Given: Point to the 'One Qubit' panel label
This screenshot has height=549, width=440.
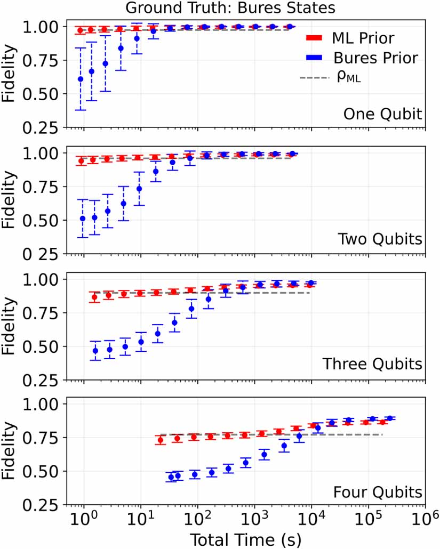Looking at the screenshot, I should pyautogui.click(x=382, y=114).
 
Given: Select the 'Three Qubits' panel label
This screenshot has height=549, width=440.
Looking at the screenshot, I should pyautogui.click(x=373, y=365).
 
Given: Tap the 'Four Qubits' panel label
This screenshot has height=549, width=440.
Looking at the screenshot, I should pyautogui.click(x=378, y=490).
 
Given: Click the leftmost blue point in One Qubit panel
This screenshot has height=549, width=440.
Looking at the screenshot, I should pyautogui.click(x=81, y=79).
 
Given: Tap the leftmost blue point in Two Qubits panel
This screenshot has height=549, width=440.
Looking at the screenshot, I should pyautogui.click(x=83, y=219).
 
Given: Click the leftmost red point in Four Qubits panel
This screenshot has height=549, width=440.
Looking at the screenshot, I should pyautogui.click(x=160, y=440).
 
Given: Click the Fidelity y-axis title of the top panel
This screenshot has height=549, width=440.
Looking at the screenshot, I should pyautogui.click(x=11, y=74).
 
